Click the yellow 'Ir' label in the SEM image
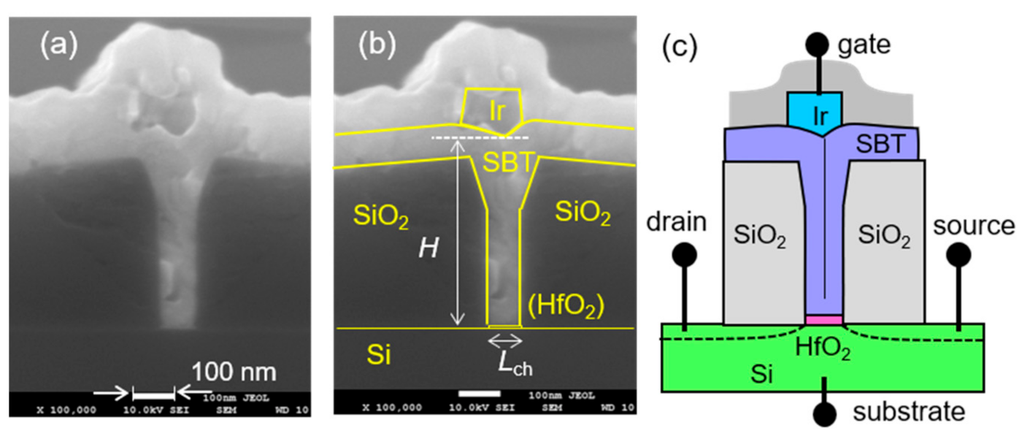click(x=496, y=109)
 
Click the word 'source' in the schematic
click(x=975, y=226)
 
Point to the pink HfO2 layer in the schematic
click(x=824, y=319)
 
